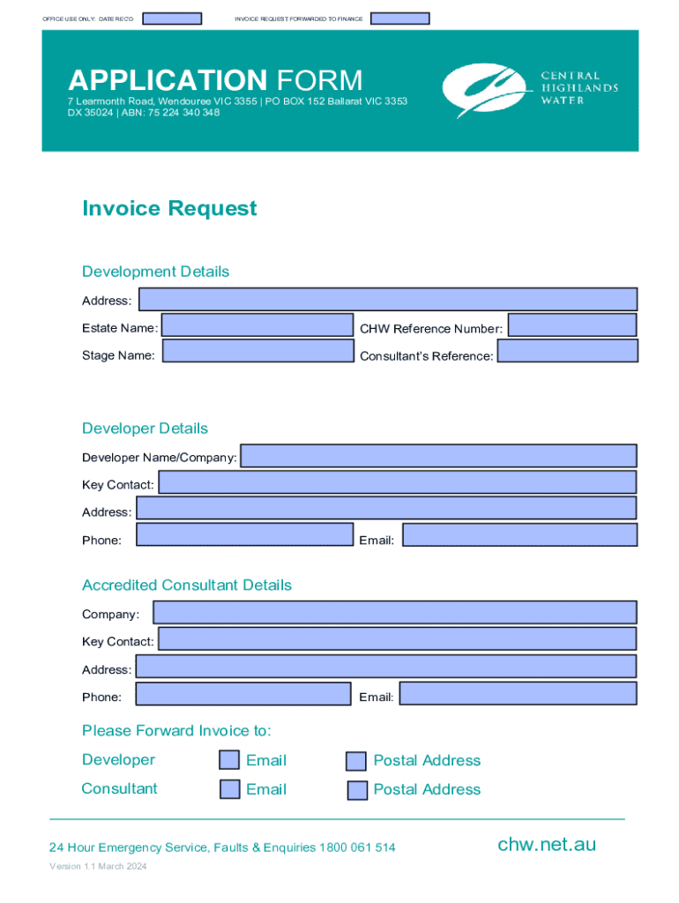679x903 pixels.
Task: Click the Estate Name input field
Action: (x=257, y=325)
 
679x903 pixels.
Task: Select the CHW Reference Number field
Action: (x=571, y=325)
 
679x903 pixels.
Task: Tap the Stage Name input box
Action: (x=257, y=351)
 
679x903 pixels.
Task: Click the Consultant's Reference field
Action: (x=567, y=351)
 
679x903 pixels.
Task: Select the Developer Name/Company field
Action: (x=438, y=456)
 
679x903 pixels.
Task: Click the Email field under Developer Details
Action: (x=519, y=535)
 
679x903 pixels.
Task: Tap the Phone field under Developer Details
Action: (x=244, y=535)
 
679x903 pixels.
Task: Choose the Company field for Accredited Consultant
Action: (x=395, y=613)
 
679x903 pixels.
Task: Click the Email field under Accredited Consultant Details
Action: (x=518, y=693)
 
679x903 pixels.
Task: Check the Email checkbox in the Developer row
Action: (x=229, y=760)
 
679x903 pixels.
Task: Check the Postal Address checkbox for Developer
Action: (x=356, y=761)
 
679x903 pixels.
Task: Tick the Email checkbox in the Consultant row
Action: (x=229, y=789)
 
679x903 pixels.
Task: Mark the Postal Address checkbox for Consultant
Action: (x=357, y=790)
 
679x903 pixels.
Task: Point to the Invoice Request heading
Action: (x=169, y=209)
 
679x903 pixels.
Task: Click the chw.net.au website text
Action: (x=547, y=845)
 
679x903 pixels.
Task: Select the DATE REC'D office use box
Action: (x=172, y=19)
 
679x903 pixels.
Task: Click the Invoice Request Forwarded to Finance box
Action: (x=399, y=19)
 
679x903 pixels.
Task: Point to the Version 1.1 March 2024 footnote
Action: (x=98, y=867)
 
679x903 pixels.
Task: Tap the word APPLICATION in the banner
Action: (x=168, y=81)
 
